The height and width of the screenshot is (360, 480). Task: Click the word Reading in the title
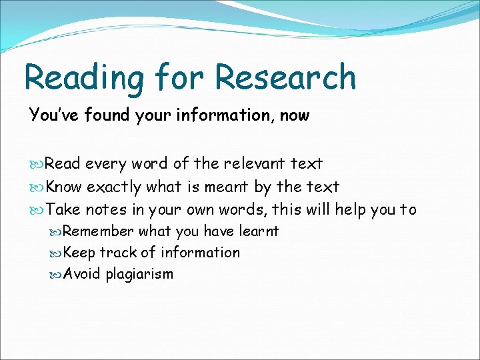click(83, 79)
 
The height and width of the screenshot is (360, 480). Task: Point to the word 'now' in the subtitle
click(295, 116)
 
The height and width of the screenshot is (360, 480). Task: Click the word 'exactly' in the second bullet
click(114, 187)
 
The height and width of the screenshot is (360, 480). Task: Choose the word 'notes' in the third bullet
click(105, 210)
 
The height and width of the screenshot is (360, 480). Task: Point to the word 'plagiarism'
click(139, 275)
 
